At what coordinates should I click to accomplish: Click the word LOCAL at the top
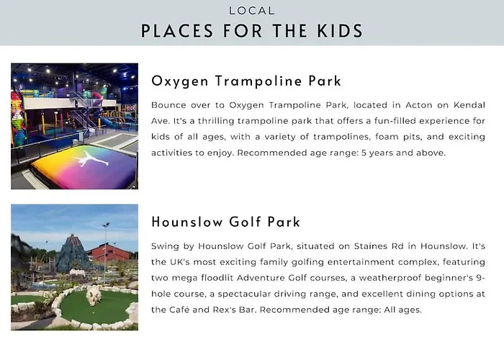(x=252, y=11)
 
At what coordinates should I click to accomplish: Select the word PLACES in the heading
(x=177, y=31)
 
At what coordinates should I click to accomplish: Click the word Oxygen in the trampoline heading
(x=180, y=81)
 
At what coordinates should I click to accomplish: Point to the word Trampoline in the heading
(x=258, y=81)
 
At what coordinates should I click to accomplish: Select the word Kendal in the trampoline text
(x=469, y=105)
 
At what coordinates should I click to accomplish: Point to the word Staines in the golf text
(x=370, y=246)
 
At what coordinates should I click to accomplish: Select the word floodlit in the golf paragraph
(x=217, y=278)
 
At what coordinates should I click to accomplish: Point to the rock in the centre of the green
(x=94, y=295)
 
